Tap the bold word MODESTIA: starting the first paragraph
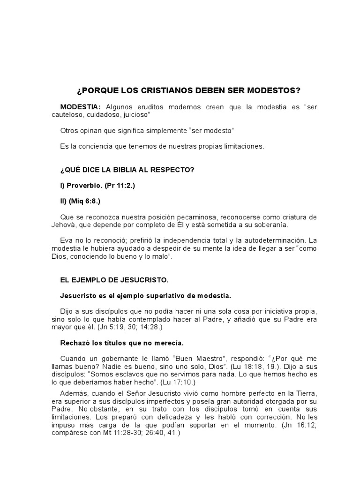pyautogui.click(x=81, y=107)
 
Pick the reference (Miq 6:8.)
pyautogui.click(x=84, y=202)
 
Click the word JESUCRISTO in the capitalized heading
pyautogui.click(x=145, y=280)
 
